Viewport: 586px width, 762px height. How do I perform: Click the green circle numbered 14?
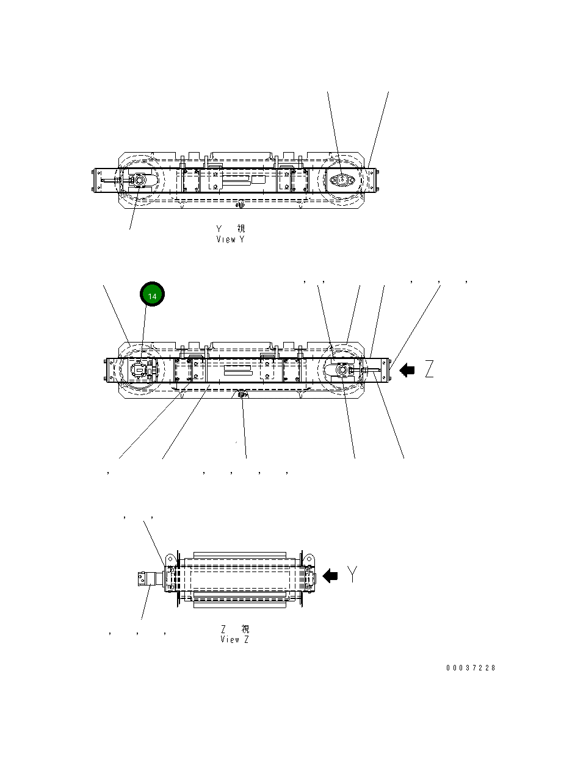pyautogui.click(x=153, y=296)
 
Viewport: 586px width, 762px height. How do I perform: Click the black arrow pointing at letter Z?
pyautogui.click(x=407, y=370)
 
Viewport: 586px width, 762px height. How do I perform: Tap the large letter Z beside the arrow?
pyautogui.click(x=430, y=369)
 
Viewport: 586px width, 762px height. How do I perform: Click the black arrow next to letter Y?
pyautogui.click(x=330, y=576)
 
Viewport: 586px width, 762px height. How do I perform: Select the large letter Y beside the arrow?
pyautogui.click(x=353, y=575)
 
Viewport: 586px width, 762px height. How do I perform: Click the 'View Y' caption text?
pyautogui.click(x=230, y=239)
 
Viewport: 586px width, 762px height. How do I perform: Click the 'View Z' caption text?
pyautogui.click(x=234, y=639)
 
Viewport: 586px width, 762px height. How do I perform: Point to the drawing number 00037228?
pyautogui.click(x=471, y=668)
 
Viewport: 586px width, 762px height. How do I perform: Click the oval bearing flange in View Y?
pyautogui.click(x=341, y=180)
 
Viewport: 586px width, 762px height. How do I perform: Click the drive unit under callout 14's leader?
pyautogui.click(x=142, y=370)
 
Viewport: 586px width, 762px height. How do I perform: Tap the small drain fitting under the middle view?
pyautogui.click(x=242, y=394)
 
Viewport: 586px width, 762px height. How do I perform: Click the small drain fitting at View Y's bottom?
pyautogui.click(x=242, y=204)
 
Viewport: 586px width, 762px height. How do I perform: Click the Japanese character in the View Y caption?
pyautogui.click(x=241, y=229)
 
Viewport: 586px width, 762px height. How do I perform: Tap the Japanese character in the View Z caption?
pyautogui.click(x=245, y=629)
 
